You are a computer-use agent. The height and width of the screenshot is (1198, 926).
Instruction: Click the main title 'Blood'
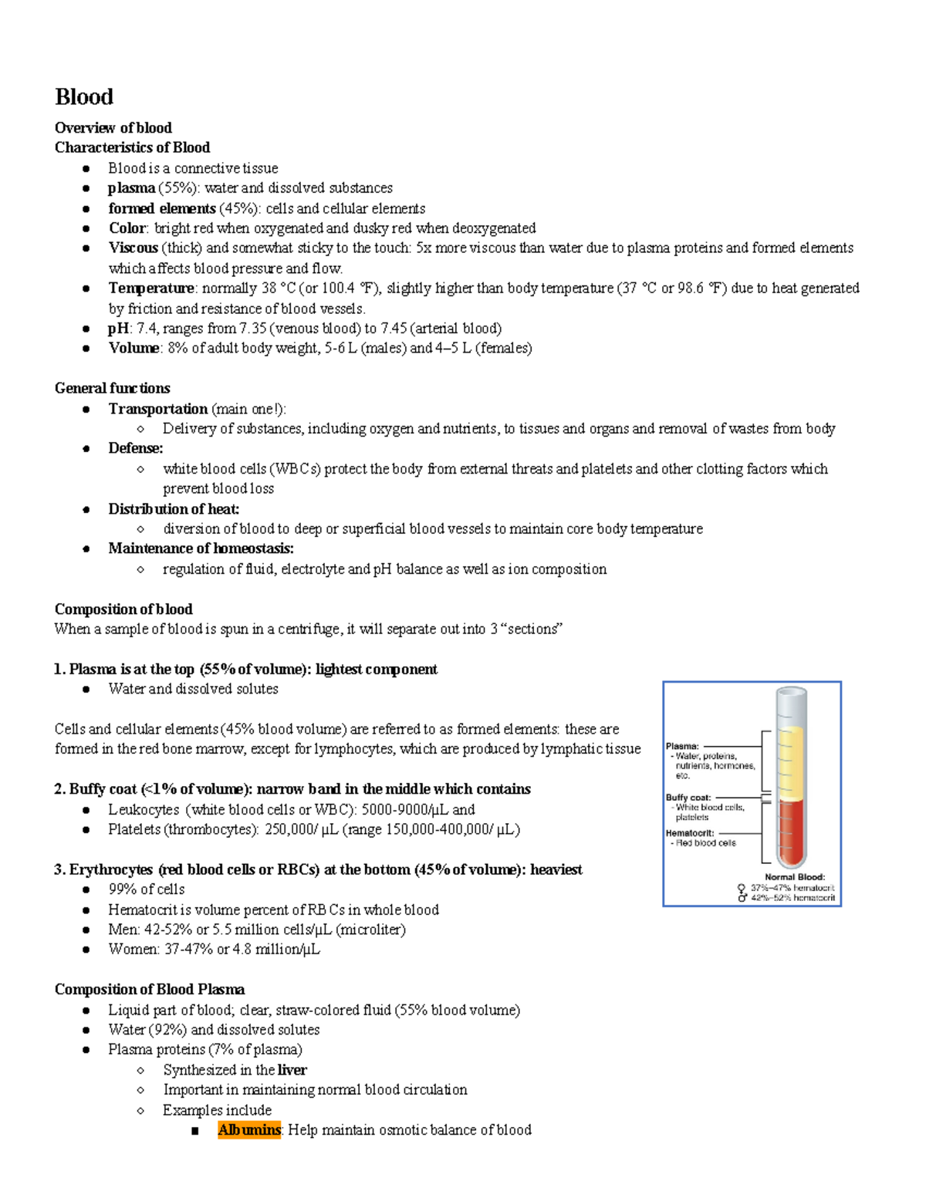pos(84,97)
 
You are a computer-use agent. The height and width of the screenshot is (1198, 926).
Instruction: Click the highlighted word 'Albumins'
pos(249,1130)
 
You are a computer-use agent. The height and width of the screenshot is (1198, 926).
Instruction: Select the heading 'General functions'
pos(112,388)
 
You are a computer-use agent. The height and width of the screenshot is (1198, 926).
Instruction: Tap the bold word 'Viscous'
pos(133,248)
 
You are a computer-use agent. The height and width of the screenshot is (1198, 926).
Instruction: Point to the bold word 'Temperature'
pos(151,288)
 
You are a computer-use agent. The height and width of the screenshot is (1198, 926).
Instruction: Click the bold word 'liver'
pos(292,1070)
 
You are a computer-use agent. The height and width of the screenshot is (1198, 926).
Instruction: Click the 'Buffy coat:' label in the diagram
pos(688,798)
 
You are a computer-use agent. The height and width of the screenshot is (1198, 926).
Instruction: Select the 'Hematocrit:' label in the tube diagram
pos(690,833)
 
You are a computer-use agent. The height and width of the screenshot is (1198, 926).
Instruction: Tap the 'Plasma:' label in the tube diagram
pos(682,746)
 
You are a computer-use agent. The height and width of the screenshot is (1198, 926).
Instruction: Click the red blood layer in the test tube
pos(790,833)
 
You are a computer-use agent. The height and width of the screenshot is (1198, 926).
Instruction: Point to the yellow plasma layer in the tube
pos(790,760)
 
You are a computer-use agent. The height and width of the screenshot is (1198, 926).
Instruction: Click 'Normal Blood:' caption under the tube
pos(795,877)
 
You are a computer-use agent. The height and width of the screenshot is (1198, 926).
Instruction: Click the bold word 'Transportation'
pos(157,409)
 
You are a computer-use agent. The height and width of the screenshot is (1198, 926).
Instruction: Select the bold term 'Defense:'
pos(135,448)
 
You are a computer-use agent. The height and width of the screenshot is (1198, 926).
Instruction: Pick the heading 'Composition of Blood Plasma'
pos(149,990)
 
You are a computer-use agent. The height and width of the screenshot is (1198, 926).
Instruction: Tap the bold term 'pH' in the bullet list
pos(118,328)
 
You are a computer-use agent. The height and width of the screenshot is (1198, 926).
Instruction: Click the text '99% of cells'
pos(147,889)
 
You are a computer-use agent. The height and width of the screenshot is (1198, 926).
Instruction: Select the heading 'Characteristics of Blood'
pos(132,147)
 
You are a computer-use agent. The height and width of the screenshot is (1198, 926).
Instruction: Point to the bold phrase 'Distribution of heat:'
pos(174,509)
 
